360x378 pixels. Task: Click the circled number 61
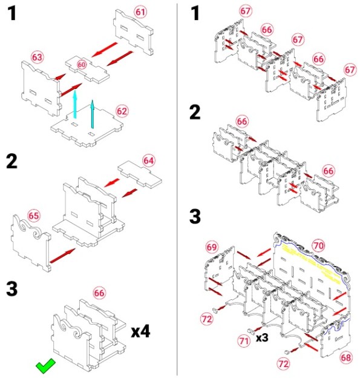(x=140, y=12)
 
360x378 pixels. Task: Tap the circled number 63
(x=37, y=58)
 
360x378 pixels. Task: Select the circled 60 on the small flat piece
(x=82, y=65)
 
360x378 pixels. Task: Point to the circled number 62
(x=122, y=111)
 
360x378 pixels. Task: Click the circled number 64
(x=149, y=161)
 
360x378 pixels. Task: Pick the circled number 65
(x=34, y=216)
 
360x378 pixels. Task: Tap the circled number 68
(x=346, y=357)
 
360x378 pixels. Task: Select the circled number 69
(x=212, y=247)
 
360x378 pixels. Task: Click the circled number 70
(x=319, y=246)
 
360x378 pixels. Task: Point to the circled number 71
(x=244, y=341)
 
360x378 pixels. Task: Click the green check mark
(x=45, y=366)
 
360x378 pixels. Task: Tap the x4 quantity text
(x=140, y=331)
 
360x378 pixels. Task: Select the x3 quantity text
(x=262, y=337)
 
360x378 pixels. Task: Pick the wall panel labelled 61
(x=133, y=32)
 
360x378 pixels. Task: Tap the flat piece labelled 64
(x=140, y=174)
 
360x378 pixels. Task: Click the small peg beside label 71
(x=250, y=331)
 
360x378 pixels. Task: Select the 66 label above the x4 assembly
(x=99, y=293)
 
